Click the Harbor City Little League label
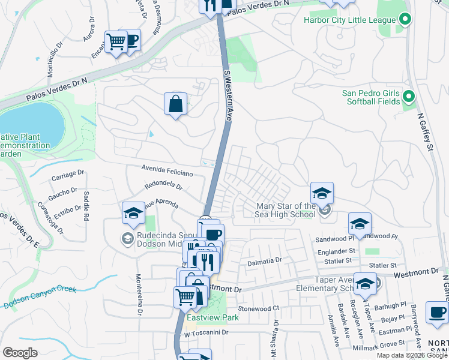coord(349,20)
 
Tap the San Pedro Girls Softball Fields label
coord(370,97)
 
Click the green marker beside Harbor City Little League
coord(405,20)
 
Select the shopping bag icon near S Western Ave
coord(175,104)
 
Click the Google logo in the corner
coord(20,352)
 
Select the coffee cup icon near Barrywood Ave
coord(437,312)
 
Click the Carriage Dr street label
coord(68,175)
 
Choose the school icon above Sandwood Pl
coord(360,224)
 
